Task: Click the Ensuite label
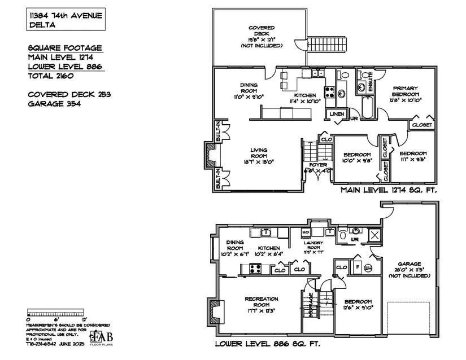click(371, 84)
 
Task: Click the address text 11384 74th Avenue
click(66, 16)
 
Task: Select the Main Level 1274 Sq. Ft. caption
click(389, 191)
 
